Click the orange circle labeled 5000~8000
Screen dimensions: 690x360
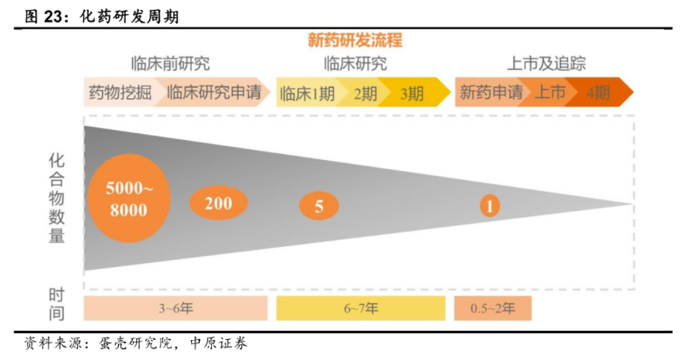[129, 198]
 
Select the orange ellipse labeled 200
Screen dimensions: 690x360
[218, 203]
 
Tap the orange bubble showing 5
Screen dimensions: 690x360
[319, 206]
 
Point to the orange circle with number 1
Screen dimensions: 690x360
[489, 205]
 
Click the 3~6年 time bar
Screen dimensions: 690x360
[176, 308]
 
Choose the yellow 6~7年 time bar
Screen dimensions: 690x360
[361, 308]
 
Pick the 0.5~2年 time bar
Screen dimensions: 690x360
[493, 308]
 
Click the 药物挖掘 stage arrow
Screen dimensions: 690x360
[120, 93]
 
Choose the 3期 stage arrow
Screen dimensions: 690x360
[415, 93]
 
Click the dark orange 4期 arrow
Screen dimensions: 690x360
[599, 93]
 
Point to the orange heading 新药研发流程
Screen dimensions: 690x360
[355, 41]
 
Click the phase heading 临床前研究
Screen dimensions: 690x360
[170, 64]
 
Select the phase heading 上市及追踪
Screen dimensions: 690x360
[546, 64]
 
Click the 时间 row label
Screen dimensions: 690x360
[57, 304]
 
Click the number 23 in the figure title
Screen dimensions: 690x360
[54, 17]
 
